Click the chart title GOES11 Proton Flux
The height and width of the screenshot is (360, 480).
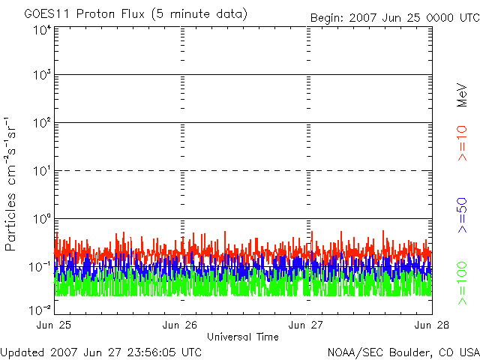coord(85,14)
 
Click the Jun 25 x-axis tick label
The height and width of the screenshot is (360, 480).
coord(54,325)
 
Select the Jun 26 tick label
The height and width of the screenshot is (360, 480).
coord(180,325)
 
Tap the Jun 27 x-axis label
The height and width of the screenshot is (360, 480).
coord(306,325)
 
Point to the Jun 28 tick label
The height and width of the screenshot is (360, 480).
coord(432,325)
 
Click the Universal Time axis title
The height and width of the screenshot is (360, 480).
coord(243,337)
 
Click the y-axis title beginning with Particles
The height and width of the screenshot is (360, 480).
coord(10,184)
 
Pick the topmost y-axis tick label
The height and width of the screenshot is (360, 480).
coord(42,31)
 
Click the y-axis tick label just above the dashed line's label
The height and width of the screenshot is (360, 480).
coord(42,123)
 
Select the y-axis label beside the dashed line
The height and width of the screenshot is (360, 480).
coord(42,172)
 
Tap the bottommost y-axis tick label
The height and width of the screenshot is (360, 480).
coord(40,310)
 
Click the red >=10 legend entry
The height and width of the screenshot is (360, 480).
coord(462,143)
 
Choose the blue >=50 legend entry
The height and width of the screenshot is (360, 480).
coord(462,215)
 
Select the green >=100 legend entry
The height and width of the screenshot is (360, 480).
coord(462,283)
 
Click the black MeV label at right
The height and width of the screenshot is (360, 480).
coord(462,95)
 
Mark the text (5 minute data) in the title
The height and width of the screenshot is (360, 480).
coord(199,14)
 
